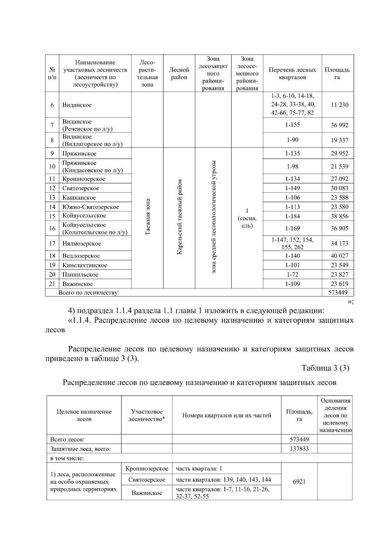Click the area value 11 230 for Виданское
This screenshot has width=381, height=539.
339,105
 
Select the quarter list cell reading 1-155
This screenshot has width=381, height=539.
292,125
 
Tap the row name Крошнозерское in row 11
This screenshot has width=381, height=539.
84,179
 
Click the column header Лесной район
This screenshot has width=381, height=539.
179,74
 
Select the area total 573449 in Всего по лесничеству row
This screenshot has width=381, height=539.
338,293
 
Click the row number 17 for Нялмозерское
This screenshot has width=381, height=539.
52,244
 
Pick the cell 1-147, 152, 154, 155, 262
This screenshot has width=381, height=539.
292,244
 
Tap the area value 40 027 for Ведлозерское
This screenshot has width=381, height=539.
339,256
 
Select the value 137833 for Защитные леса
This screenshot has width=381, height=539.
299,448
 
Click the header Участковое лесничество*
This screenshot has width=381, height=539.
147,415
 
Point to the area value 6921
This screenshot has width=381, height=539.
299,482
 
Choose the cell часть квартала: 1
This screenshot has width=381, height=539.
199,468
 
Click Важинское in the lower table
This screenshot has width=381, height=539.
147,493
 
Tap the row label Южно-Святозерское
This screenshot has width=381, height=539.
90,207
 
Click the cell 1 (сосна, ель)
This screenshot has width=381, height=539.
247,219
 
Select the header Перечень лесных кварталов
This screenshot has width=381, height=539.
292,74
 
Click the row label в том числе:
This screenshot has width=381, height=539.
67,458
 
